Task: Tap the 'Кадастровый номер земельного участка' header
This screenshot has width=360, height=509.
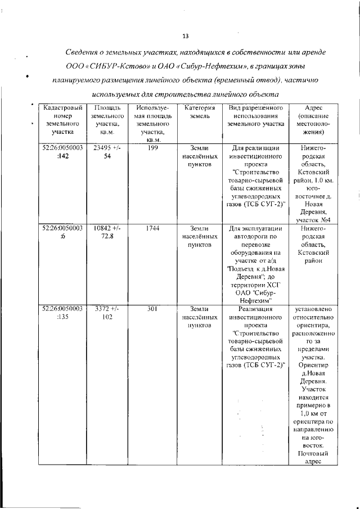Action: (x=58, y=121)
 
